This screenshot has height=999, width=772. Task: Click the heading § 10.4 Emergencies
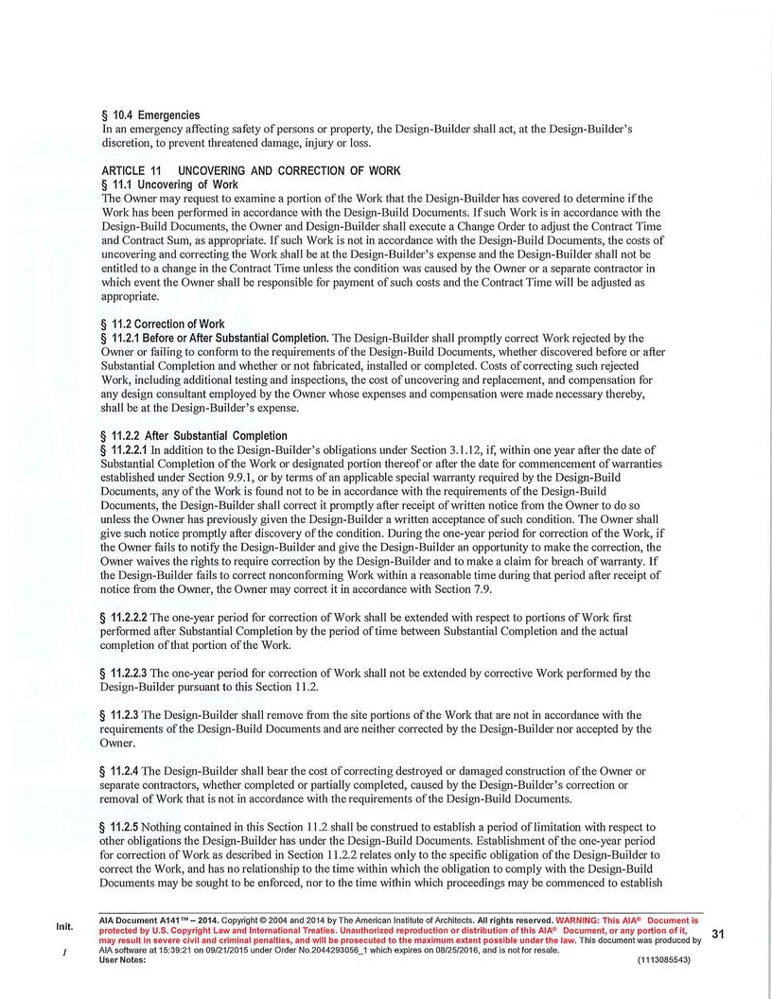point(150,115)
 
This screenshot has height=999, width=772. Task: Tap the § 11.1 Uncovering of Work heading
point(169,184)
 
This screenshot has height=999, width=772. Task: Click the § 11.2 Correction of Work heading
point(163,324)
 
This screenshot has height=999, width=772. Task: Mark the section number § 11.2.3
point(119,715)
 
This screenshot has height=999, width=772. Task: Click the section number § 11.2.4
point(119,771)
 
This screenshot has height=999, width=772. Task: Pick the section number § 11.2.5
point(119,827)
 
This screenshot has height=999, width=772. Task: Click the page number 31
point(717,935)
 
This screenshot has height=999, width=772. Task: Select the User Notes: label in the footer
point(122,960)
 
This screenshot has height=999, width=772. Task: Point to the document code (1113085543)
point(664,960)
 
